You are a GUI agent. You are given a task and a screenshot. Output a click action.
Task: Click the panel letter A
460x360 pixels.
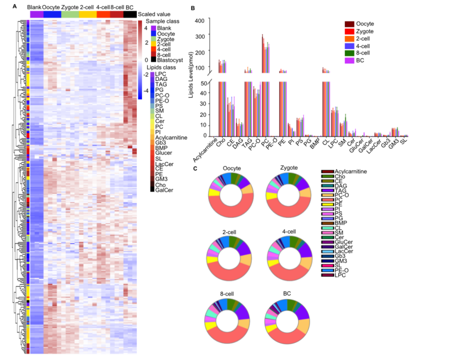tap(15, 6)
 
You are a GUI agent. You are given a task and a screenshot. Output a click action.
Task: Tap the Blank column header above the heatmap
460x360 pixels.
tap(34, 7)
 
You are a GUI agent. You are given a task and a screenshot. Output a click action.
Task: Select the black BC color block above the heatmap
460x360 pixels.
tap(129, 15)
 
